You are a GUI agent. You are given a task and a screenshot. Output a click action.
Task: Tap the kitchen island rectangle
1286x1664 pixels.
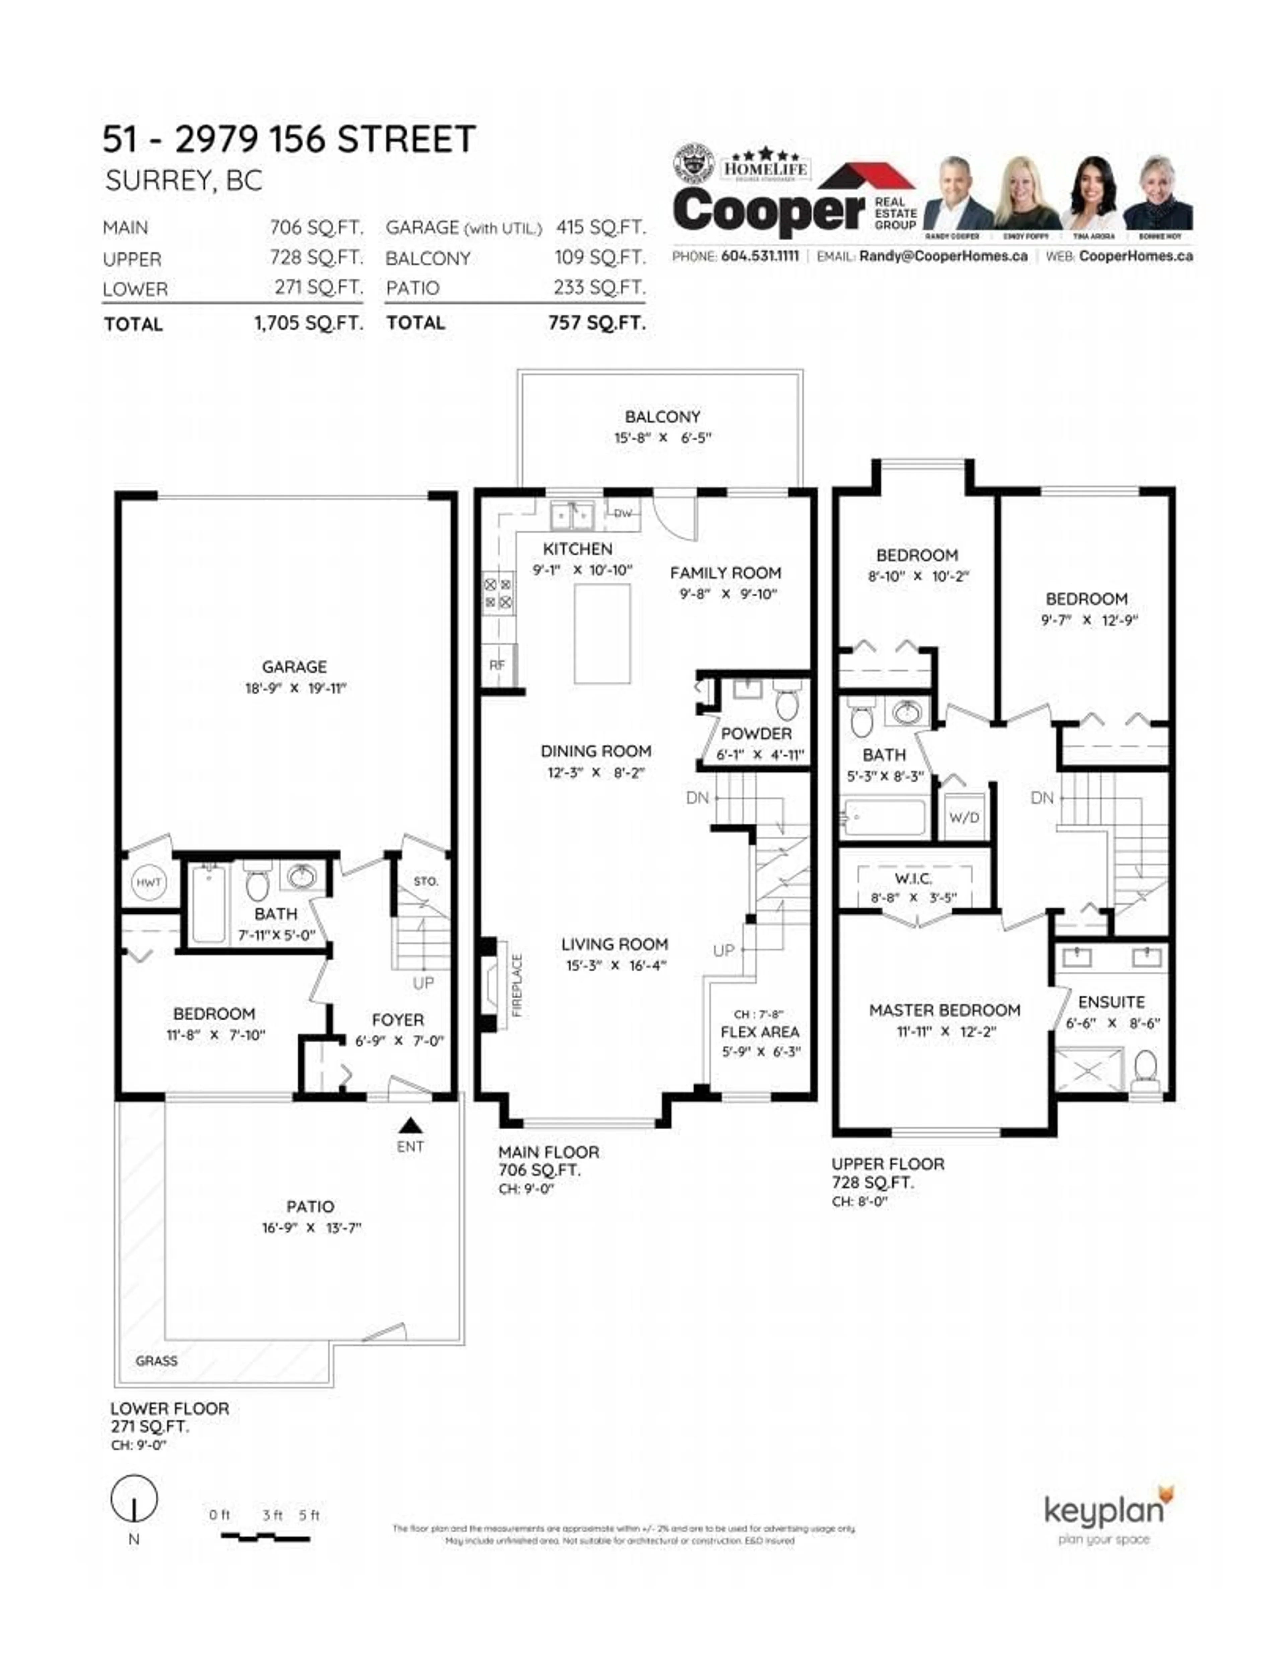pos(602,634)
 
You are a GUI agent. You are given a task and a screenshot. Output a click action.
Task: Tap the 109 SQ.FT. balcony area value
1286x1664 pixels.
pos(599,258)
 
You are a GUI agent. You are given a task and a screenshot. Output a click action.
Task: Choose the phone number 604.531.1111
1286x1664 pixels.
pos(760,256)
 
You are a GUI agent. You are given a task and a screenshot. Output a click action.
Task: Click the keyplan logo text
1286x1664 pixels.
pos(1103,1510)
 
